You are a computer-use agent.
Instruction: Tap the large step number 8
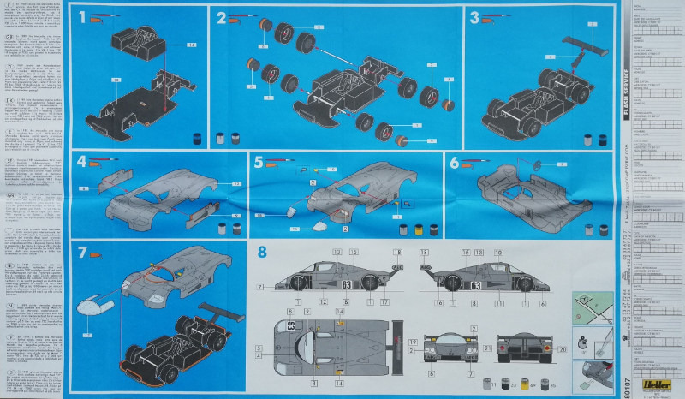click(x=263, y=252)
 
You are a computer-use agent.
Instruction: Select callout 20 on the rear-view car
click(x=562, y=350)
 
